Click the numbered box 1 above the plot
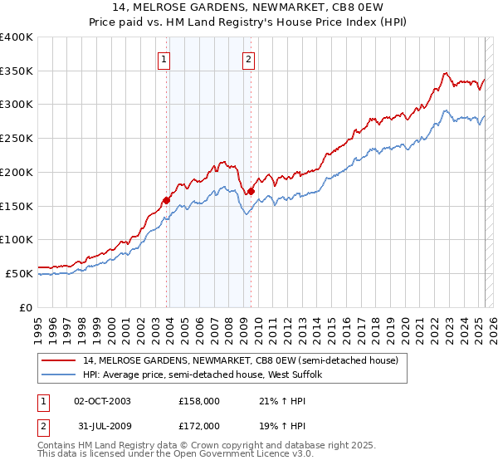[164, 59]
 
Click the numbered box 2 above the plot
[248, 59]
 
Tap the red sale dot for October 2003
[166, 199]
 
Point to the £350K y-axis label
[17, 71]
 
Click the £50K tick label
[20, 273]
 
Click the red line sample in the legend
[59, 360]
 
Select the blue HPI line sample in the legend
[59, 374]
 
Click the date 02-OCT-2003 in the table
[102, 400]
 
